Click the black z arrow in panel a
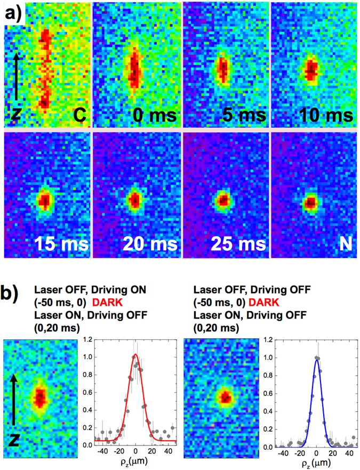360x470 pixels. [17, 75]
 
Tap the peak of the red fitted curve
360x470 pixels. [136, 354]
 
